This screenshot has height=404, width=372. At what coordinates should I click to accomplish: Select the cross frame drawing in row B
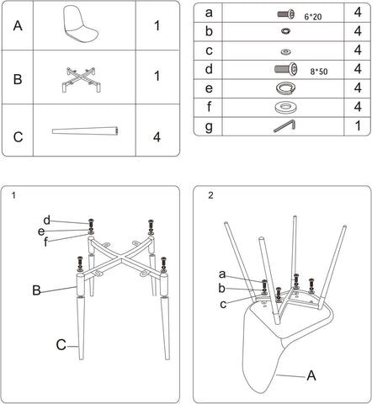(x=81, y=80)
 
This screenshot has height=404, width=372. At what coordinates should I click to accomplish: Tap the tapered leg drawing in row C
(x=85, y=130)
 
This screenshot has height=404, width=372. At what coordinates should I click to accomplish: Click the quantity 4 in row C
(x=157, y=137)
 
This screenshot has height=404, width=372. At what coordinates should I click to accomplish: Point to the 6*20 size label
(x=313, y=17)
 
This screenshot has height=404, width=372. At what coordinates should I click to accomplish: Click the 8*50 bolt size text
(x=319, y=72)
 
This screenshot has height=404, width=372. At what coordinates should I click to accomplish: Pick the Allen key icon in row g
(x=284, y=126)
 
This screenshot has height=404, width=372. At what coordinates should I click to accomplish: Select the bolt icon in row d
(x=285, y=69)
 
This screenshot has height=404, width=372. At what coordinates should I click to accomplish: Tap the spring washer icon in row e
(x=285, y=88)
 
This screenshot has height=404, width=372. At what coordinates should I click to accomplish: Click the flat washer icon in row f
(x=285, y=108)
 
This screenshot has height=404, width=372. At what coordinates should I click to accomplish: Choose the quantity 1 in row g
(x=358, y=126)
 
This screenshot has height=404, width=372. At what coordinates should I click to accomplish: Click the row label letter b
(x=209, y=31)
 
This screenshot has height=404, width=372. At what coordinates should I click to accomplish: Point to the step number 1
(x=13, y=195)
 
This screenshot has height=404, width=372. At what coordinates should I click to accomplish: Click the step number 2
(x=210, y=195)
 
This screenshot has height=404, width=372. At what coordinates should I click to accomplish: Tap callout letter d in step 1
(x=47, y=221)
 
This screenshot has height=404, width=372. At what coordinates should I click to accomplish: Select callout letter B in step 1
(x=36, y=290)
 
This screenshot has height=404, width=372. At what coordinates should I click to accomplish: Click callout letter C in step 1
(x=61, y=345)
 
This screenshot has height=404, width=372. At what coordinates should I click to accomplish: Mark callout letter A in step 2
(x=311, y=375)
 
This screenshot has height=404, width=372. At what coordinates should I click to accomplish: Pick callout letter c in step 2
(x=223, y=305)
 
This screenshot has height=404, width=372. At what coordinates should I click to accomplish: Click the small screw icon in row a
(x=286, y=13)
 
